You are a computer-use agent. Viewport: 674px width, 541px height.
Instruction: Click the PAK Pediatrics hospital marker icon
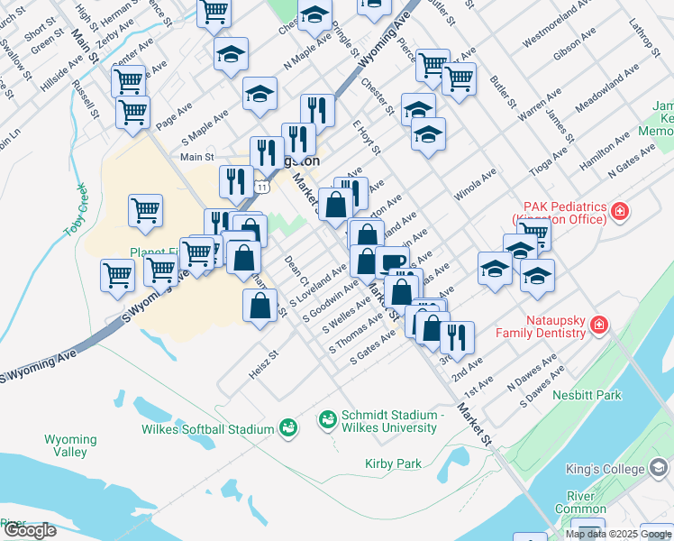620,213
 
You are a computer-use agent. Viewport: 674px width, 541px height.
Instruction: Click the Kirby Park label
393,463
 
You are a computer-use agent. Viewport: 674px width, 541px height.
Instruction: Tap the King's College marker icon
660,469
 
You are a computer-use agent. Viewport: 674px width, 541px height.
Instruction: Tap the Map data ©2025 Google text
617,534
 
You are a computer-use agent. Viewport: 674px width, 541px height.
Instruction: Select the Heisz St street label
261,367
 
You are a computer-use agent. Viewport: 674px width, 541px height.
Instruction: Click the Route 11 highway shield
260,185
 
